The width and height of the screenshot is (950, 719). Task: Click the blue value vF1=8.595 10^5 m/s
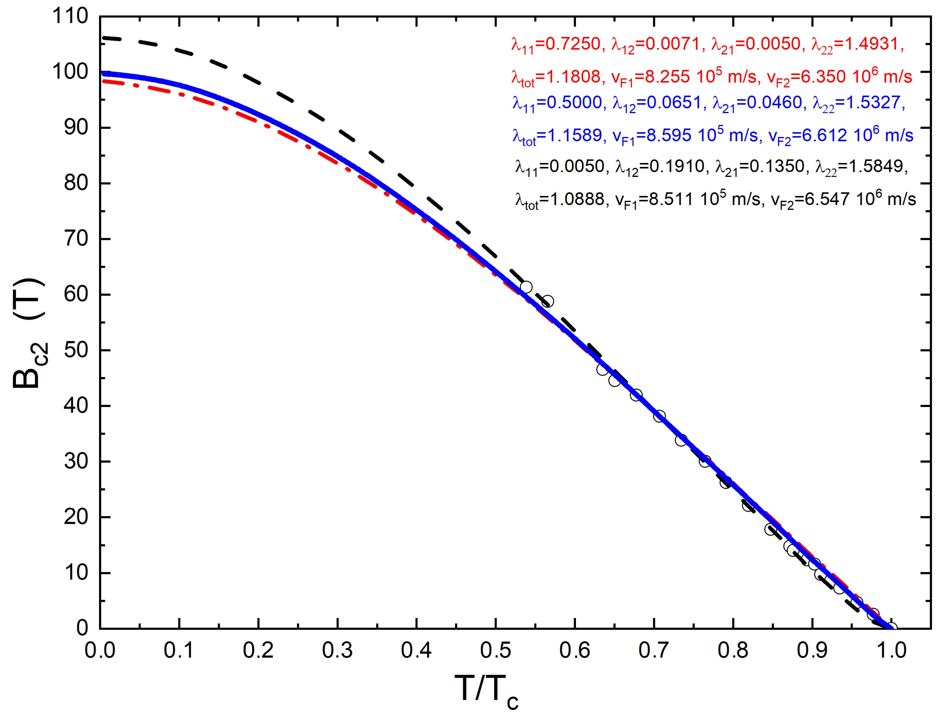[685, 136]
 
